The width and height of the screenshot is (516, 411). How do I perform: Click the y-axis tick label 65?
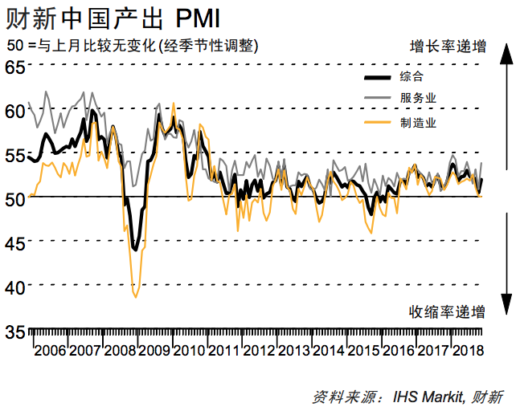click(14, 67)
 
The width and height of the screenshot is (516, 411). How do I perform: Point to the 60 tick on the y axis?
click(14, 110)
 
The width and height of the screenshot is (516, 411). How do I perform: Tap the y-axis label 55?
click(14, 154)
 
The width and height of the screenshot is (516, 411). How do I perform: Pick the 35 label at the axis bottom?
click(14, 331)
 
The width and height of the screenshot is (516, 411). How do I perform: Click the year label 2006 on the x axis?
click(50, 351)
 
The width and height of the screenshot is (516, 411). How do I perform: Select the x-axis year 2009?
click(154, 351)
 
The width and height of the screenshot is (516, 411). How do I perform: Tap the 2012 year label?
click(259, 351)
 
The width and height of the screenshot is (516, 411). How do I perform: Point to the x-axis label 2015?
click(363, 351)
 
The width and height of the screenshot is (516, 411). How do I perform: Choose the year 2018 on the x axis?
click(468, 351)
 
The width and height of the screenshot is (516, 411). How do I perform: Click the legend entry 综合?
click(412, 78)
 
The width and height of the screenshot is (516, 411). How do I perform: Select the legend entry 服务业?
click(417, 99)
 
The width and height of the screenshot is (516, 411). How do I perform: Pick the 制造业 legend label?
click(417, 122)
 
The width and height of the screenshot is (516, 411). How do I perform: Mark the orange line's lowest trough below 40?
click(135, 297)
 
